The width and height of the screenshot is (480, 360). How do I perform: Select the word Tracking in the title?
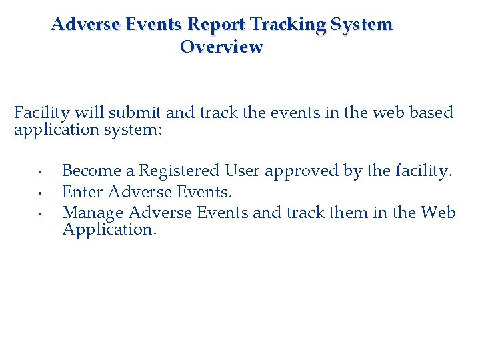point(289,25)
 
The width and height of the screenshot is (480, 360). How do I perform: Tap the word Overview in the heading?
point(221,48)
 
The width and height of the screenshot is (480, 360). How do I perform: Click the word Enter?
point(82,193)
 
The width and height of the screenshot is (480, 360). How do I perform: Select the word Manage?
point(93,213)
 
